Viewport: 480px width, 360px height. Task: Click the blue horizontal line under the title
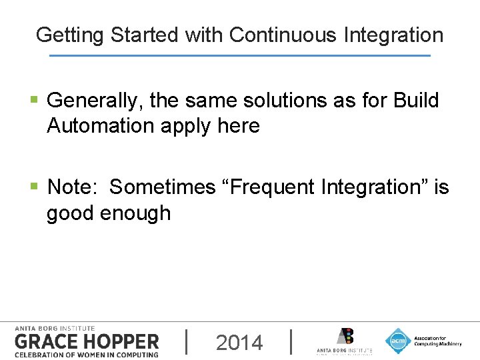click(x=240, y=55)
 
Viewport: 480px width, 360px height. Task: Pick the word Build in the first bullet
click(x=416, y=101)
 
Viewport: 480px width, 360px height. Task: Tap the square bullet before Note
click(x=34, y=188)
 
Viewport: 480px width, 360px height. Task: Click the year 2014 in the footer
click(x=239, y=343)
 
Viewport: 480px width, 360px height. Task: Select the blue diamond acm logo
click(x=398, y=341)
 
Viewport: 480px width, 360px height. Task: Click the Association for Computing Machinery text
click(x=437, y=341)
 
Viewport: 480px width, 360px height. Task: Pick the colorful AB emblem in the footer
click(x=345, y=336)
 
